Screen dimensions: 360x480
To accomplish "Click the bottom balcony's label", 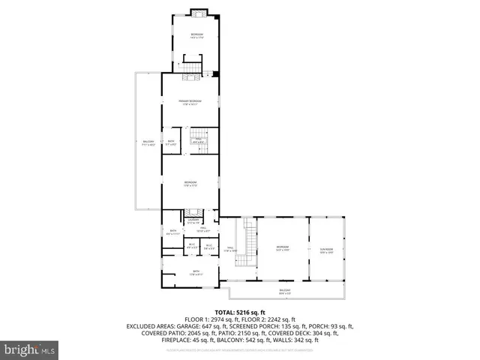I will [x=285, y=291].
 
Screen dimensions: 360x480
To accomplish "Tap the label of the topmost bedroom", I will [x=197, y=36].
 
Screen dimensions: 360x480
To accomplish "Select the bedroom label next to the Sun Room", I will [x=282, y=248].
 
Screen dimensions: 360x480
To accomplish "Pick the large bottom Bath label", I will [x=196, y=272].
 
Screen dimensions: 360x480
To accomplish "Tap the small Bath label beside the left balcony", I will [x=171, y=142].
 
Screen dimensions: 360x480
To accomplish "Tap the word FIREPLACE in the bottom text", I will [x=160, y=341].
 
